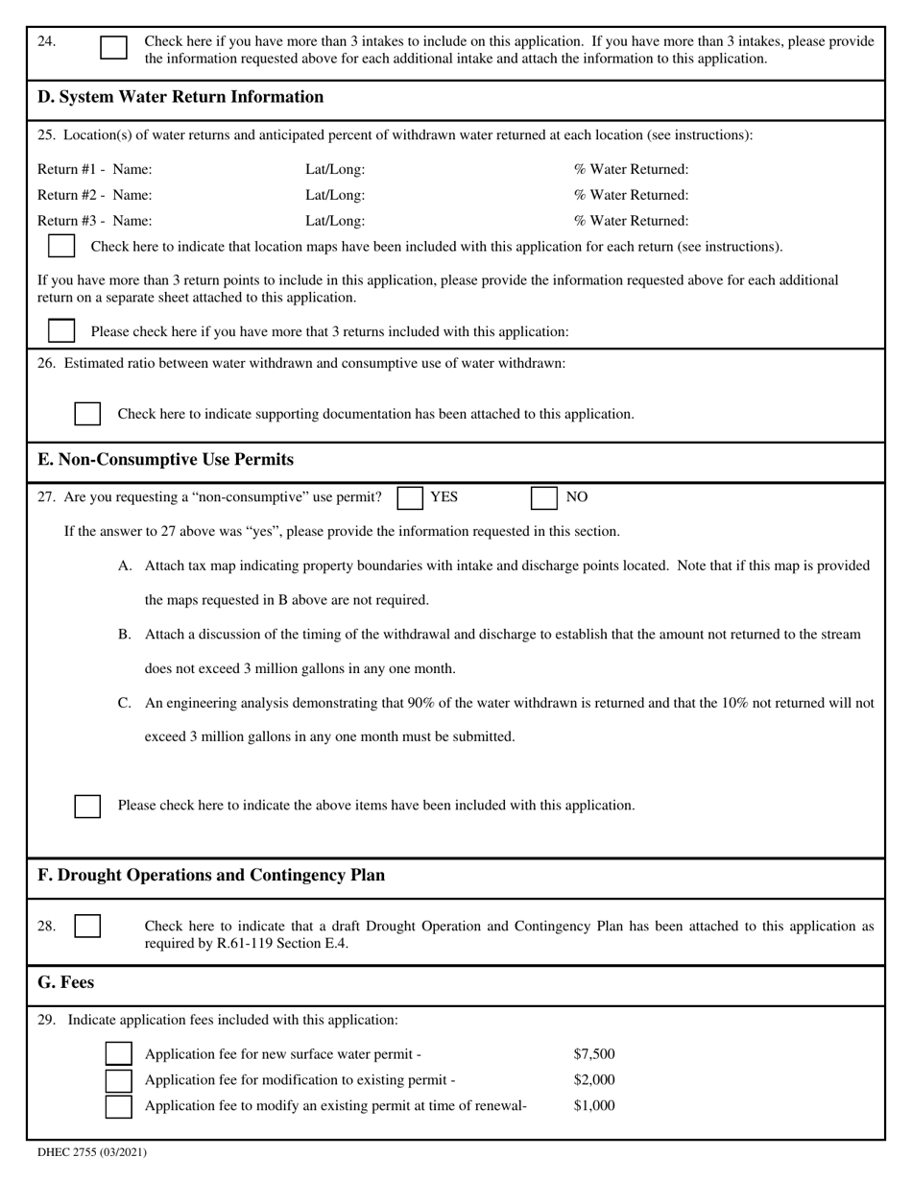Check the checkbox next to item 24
113,48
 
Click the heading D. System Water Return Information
180,97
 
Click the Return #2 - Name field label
94,195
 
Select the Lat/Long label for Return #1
335,170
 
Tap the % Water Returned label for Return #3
631,221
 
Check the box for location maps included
61,246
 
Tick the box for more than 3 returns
61,331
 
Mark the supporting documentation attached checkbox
87,414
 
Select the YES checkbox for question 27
410,497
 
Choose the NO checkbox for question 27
544,497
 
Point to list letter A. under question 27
125,566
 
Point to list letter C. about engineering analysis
125,703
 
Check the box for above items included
87,806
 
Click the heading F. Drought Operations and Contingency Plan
211,876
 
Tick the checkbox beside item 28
87,927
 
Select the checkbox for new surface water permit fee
118,1054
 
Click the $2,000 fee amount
594,1080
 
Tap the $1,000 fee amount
594,1106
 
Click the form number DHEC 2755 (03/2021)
92,1152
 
